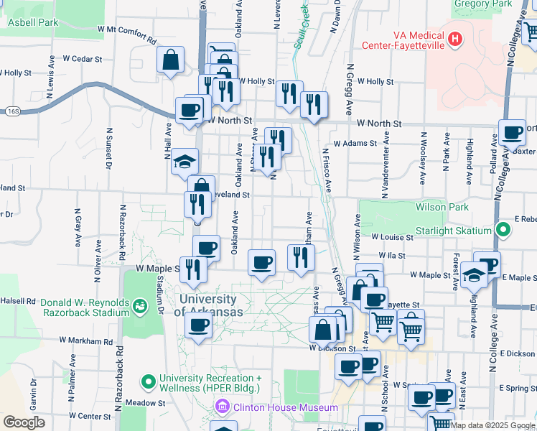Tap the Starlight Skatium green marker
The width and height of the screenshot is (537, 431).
(x=503, y=231)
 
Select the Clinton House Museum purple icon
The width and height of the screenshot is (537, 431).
(x=223, y=408)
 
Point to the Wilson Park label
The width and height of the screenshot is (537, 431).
(x=442, y=208)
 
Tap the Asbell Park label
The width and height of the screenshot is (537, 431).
(x=32, y=23)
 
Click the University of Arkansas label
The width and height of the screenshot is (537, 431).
(x=208, y=305)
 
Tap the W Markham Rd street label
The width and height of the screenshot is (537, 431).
(x=86, y=340)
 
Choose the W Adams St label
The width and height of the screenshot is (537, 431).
(x=355, y=144)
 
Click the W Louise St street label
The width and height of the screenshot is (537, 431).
(x=391, y=236)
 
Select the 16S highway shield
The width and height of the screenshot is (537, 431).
(x=14, y=111)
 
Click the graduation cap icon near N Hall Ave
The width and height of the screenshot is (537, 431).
(x=185, y=162)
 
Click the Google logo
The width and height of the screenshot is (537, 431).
(x=24, y=422)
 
